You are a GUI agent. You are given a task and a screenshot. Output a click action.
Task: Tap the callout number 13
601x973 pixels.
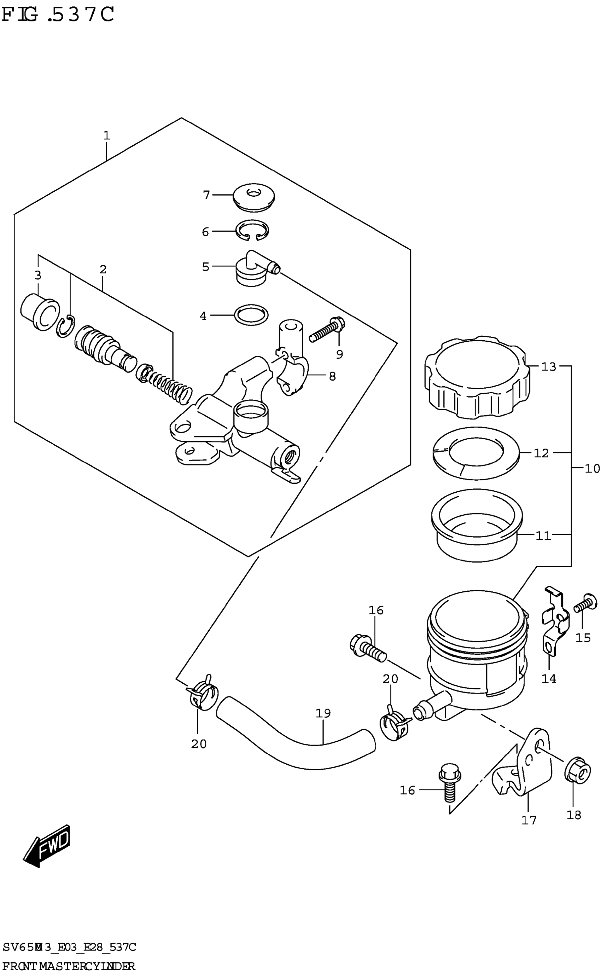tap(549, 367)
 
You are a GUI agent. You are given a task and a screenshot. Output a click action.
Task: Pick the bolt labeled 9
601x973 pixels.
tap(327, 330)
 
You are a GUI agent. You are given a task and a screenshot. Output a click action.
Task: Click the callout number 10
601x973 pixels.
tap(592, 469)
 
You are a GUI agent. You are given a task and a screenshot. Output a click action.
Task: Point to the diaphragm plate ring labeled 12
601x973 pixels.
tap(476, 453)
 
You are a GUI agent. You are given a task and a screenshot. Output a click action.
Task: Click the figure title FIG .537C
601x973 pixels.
tap(58, 15)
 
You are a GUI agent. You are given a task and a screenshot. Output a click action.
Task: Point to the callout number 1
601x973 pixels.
tap(106, 136)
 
